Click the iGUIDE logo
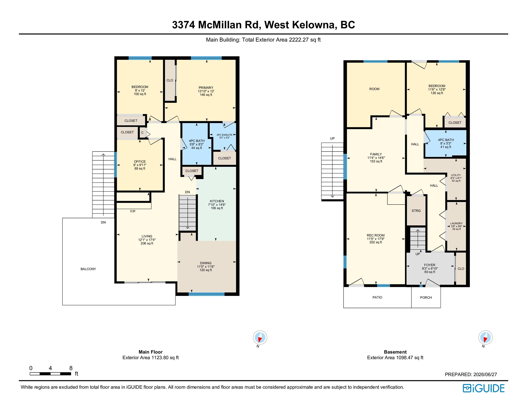(483, 388)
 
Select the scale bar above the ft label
(50, 374)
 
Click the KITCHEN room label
(217, 201)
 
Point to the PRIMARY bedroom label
(206, 88)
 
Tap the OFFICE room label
(140, 161)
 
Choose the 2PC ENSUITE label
(224, 135)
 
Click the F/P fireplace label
(133, 211)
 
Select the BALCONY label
(88, 269)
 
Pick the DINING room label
(206, 263)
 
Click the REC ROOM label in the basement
(376, 235)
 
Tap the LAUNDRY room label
(456, 223)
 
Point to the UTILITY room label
(456, 175)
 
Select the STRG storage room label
(416, 211)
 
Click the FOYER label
(430, 265)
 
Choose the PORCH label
(426, 298)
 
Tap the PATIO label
(377, 297)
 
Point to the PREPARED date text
(471, 374)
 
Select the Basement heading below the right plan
(395, 352)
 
